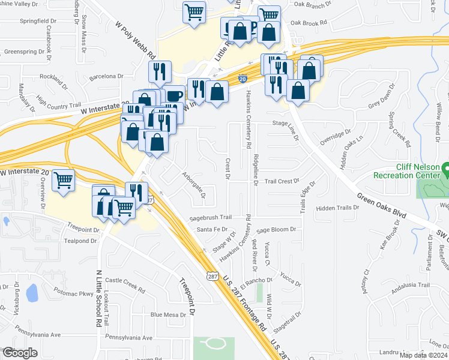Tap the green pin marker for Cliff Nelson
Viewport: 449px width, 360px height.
tap(445, 170)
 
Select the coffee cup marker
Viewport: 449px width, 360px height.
tap(173, 95)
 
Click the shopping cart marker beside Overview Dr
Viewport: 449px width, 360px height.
tap(64, 180)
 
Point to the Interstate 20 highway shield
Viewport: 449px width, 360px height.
tap(242, 79)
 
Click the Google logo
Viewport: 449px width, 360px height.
tap(20, 352)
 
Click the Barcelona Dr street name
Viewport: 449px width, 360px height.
tap(106, 77)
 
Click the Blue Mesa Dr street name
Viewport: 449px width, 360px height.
tap(169, 314)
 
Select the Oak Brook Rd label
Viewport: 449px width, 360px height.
tap(308, 23)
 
